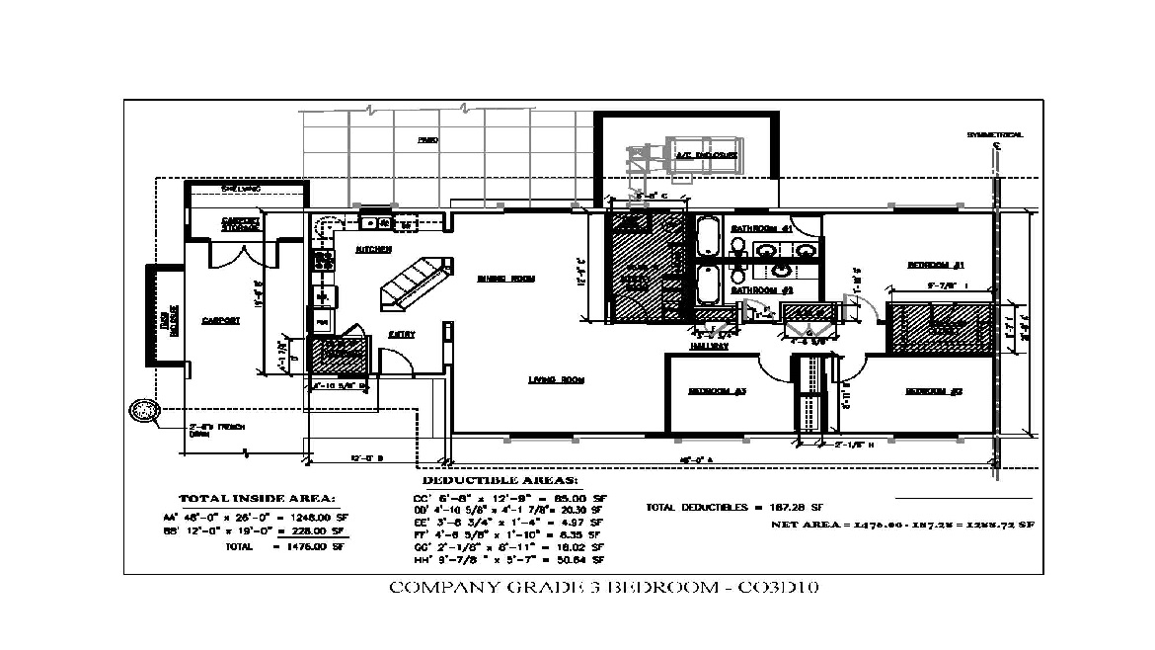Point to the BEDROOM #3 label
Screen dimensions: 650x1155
[x=717, y=392]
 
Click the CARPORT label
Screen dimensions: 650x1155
[x=216, y=321]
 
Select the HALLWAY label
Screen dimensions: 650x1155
[x=709, y=346]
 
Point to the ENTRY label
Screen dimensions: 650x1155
[x=401, y=335]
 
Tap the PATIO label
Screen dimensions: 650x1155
[x=427, y=141]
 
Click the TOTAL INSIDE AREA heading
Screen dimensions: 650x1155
[x=257, y=498]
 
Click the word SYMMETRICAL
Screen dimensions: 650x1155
[x=995, y=134]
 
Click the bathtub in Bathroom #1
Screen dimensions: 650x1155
[x=708, y=237]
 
